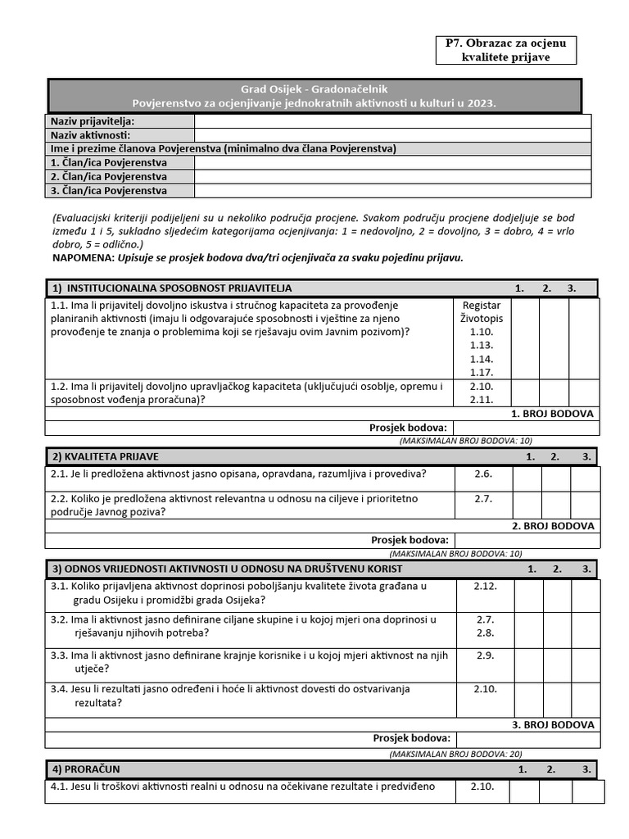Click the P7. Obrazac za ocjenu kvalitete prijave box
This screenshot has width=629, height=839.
coord(506,50)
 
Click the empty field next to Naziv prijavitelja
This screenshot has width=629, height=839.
coord(392,121)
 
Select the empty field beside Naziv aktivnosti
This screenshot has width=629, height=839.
coord(392,135)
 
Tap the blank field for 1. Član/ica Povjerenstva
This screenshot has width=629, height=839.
coord(392,163)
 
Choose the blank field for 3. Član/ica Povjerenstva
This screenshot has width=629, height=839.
coord(392,191)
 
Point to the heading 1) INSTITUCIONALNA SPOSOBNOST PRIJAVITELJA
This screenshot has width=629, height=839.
coord(171,288)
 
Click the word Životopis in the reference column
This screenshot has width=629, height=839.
coord(482,319)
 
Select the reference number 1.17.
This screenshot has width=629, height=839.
coord(482,372)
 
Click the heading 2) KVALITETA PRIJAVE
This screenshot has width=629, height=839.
coord(106,456)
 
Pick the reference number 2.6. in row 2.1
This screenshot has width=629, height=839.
coord(483,474)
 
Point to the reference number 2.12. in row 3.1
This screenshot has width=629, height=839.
coord(485,586)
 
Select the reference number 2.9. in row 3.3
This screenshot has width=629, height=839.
coord(485,655)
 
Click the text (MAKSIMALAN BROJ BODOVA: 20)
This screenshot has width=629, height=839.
coord(455,754)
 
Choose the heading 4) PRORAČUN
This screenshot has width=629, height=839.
coord(87,769)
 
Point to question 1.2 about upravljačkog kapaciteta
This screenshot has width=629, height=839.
coord(247,393)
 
